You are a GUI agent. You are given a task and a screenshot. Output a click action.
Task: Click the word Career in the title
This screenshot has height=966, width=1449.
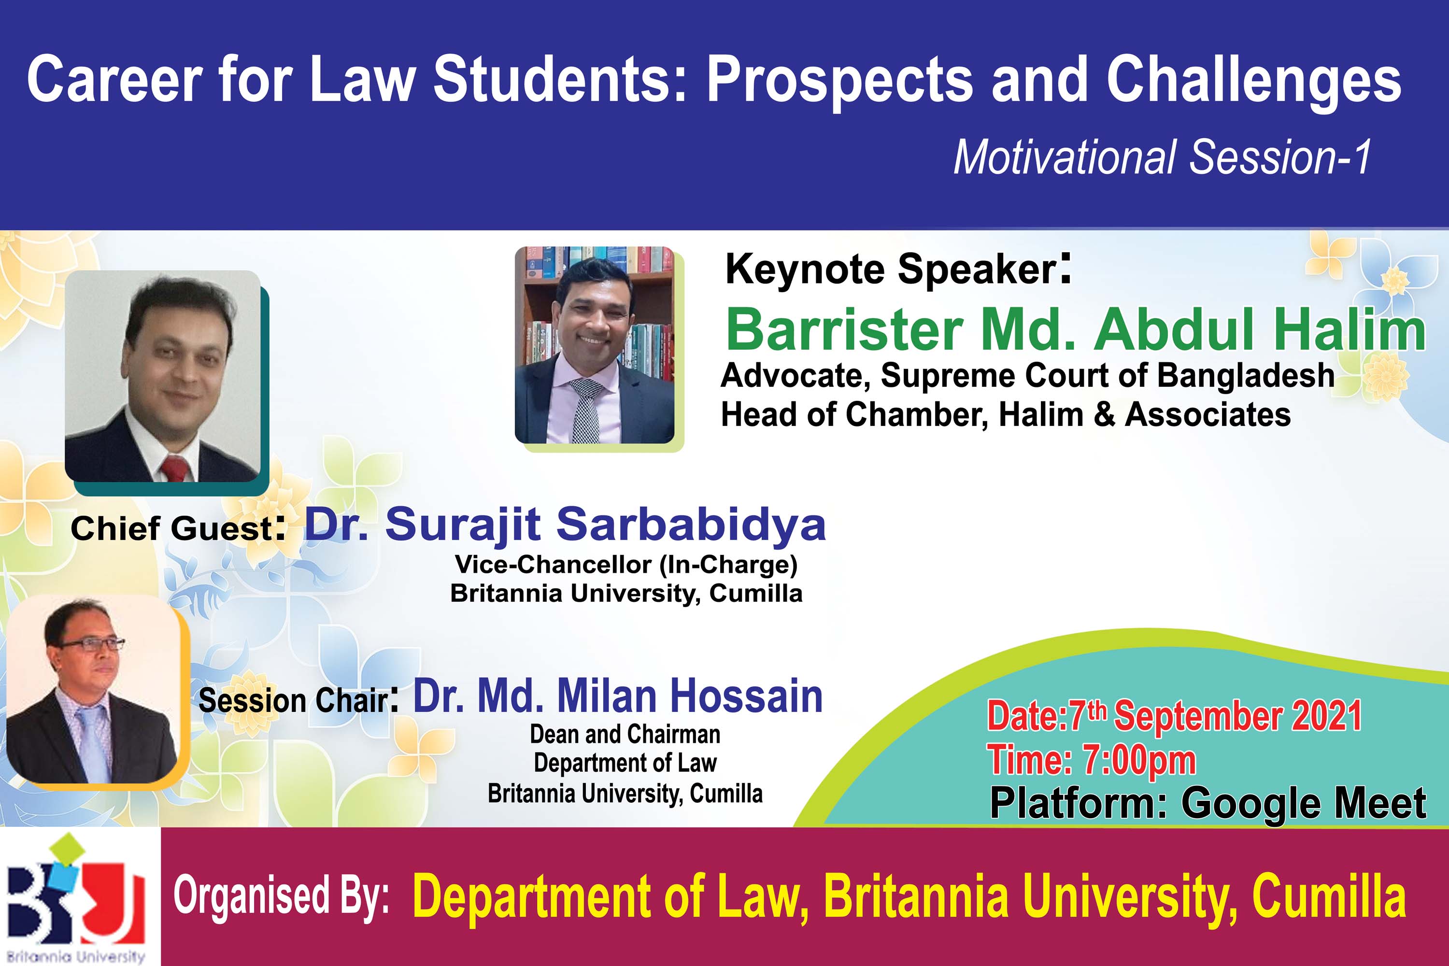pos(114,80)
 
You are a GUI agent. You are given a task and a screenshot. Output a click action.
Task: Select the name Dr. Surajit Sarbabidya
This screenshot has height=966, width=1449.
pos(565,525)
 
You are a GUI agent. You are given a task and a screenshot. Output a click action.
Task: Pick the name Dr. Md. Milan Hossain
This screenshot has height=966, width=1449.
pos(618,696)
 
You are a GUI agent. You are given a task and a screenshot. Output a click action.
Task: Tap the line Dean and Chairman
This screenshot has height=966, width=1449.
pos(625,734)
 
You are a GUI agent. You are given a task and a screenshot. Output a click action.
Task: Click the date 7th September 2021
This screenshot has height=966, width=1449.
pos(1215,715)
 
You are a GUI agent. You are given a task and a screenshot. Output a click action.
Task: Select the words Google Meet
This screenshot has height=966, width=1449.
pos(1304,803)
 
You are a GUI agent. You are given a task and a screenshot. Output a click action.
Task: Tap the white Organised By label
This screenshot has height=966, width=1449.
pos(282,897)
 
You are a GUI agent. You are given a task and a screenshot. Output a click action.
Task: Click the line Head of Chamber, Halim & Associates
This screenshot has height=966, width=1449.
pos(1006,414)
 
